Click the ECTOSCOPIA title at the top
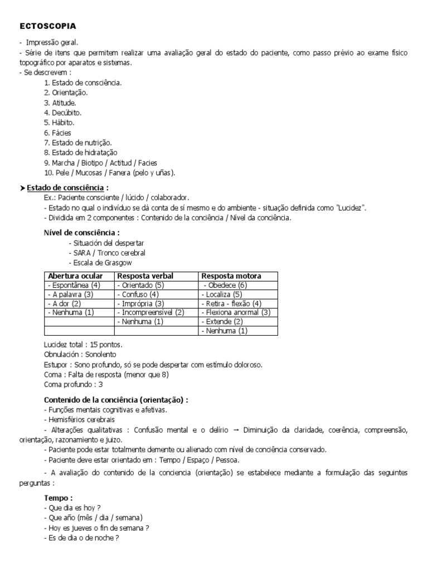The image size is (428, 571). click(48, 26)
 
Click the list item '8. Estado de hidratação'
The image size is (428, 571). click(80, 152)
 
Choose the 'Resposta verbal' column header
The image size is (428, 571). click(145, 276)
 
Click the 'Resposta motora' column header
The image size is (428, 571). click(231, 276)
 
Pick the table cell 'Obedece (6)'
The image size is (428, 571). click(225, 285)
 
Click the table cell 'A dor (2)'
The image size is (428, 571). click(66, 303)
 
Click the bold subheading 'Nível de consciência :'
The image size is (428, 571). click(81, 233)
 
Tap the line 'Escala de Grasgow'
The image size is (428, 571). click(100, 263)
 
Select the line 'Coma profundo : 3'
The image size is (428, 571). click(73, 385)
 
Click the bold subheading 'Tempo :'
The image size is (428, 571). click(58, 497)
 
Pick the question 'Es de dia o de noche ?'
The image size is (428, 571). click(81, 538)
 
